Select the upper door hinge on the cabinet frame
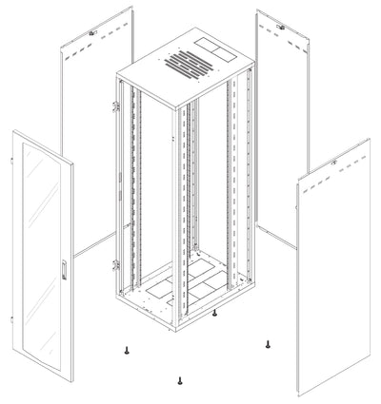pos(116,106)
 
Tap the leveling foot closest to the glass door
pos(126,351)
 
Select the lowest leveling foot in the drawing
pos(178,381)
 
